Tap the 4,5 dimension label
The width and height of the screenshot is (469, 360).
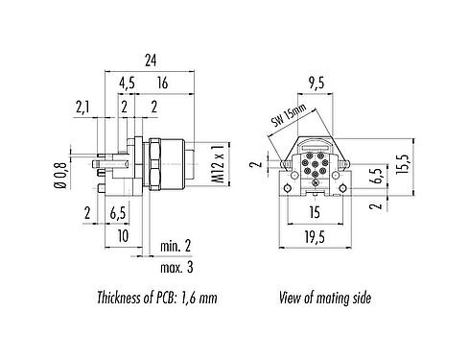127,84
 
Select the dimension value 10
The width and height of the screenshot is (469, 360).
123,233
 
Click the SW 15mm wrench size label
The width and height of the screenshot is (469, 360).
289,116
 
